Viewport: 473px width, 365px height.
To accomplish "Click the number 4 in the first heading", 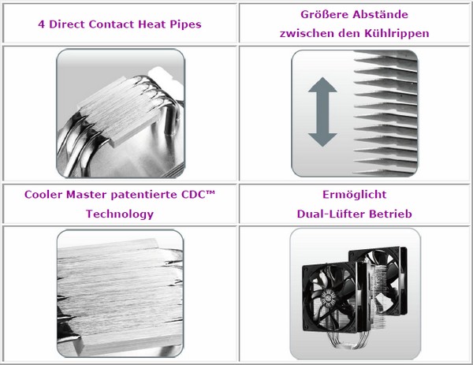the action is [42, 24].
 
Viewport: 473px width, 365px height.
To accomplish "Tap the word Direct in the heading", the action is [67, 24].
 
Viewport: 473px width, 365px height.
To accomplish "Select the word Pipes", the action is [185, 24].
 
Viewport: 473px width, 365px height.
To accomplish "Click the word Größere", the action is [324, 14].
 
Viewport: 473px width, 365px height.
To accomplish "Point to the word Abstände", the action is [381, 14].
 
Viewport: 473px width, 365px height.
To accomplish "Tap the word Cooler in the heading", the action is [43, 195].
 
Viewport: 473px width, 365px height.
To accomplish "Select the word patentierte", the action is [144, 195].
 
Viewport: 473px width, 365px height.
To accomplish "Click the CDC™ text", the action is [198, 195].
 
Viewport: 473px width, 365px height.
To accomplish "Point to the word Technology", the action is [120, 214].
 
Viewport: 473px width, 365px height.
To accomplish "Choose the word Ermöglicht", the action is [355, 195].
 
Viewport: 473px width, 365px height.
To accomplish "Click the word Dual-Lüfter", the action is [331, 214].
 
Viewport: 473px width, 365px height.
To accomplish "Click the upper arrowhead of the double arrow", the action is [322, 85].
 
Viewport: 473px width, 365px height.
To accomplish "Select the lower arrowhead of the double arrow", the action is [322, 140].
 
